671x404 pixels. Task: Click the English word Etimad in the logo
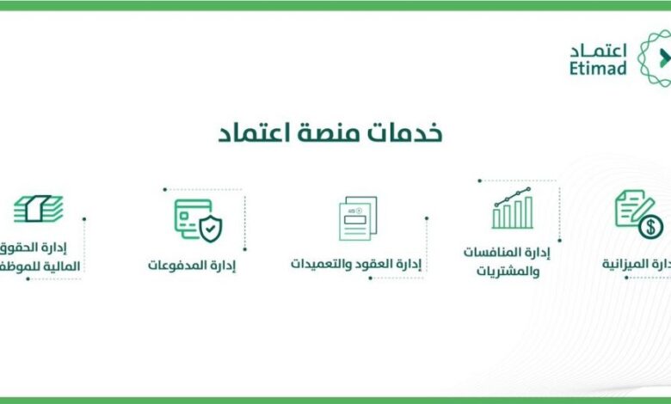(598, 69)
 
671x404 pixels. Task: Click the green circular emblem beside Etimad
(656, 58)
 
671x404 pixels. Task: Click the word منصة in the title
(331, 134)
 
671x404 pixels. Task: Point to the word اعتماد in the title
(255, 134)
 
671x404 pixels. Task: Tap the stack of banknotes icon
(38, 208)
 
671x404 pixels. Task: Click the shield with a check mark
(210, 229)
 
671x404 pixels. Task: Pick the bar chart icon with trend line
(513, 208)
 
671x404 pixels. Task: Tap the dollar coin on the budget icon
(651, 227)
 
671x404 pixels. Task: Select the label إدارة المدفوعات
(192, 265)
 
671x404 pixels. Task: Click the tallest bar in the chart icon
(528, 212)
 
